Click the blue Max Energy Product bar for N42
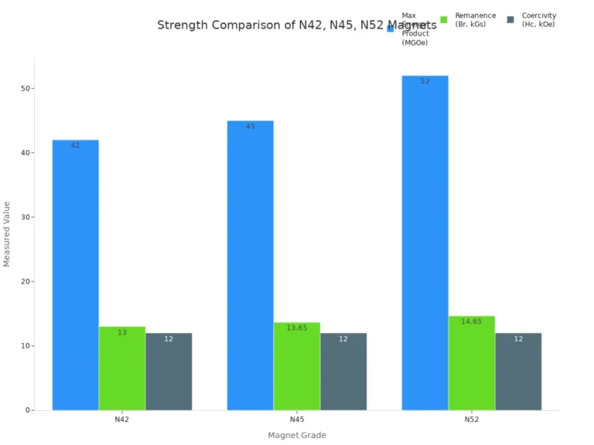(x=75, y=274)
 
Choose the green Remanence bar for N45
(x=297, y=366)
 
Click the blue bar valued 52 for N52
(x=425, y=243)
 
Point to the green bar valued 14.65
(x=471, y=362)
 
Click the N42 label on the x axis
(x=122, y=420)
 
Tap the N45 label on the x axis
(x=297, y=420)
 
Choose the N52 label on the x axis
(x=471, y=420)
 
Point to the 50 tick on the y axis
(x=26, y=89)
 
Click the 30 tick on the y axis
(x=26, y=217)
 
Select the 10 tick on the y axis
(x=26, y=345)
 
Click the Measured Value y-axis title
(x=8, y=234)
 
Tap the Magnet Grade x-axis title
(x=297, y=435)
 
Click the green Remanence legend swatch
(x=444, y=19)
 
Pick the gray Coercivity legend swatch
(x=510, y=19)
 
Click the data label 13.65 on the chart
(x=297, y=328)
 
